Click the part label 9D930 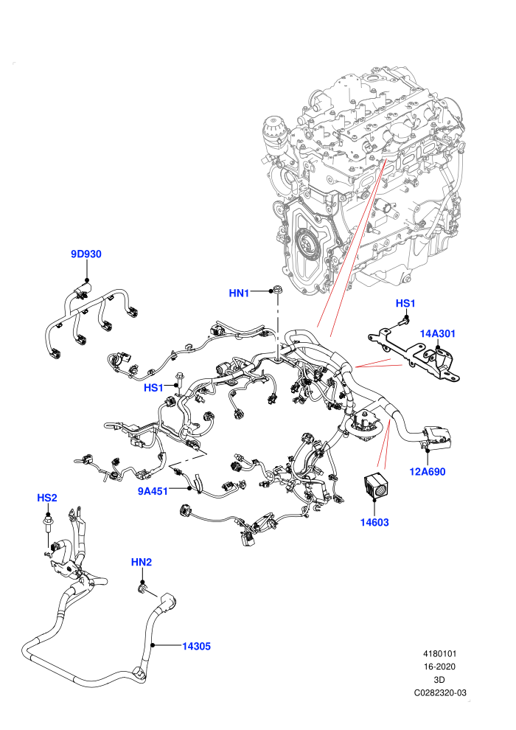click(x=86, y=254)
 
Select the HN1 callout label click(x=239, y=293)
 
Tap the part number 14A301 click(x=437, y=333)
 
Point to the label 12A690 click(x=427, y=472)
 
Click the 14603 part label click(x=374, y=522)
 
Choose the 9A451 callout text click(x=153, y=491)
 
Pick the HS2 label click(x=47, y=498)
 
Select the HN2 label click(x=142, y=562)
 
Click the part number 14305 click(x=196, y=646)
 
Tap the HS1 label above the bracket click(x=405, y=304)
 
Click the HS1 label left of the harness click(x=153, y=388)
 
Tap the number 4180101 click(x=439, y=653)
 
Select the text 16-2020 click(x=439, y=667)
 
